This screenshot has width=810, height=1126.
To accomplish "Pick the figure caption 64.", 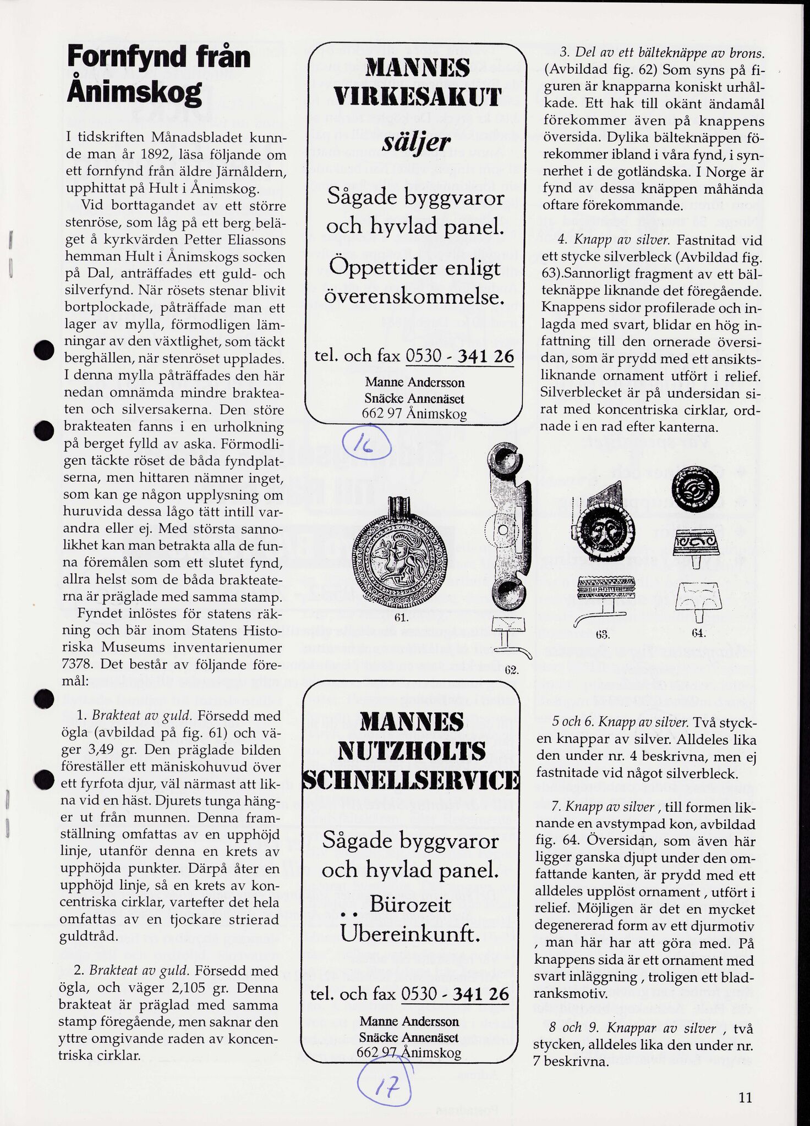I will click(x=698, y=634).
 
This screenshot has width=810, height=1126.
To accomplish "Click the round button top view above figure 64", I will click(x=697, y=488).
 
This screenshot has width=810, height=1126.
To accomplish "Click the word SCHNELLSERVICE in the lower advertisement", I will click(x=411, y=781).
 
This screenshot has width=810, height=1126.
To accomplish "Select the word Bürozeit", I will click(x=410, y=905).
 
